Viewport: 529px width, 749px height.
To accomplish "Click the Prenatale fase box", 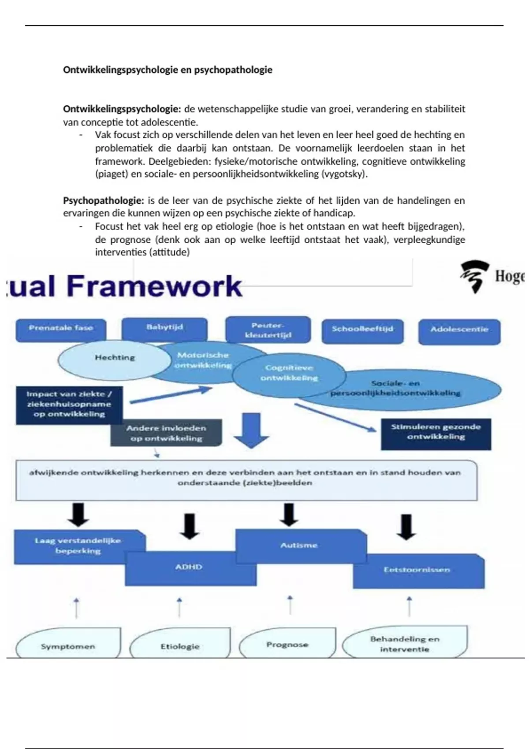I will [x=61, y=330].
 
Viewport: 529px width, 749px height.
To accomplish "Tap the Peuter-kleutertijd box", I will [x=268, y=330].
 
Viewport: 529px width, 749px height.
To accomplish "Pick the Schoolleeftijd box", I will [x=362, y=331].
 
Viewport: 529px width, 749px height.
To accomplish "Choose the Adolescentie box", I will [x=459, y=331].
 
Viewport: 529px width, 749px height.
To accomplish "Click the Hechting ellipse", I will [x=114, y=359].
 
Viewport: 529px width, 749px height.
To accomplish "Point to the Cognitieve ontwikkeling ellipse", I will [x=289, y=374].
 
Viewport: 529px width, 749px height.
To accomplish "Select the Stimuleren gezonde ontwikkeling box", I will [x=436, y=434].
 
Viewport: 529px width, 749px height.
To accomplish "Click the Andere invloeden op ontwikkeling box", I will [x=166, y=433].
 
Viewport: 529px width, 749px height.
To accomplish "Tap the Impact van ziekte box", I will [x=69, y=405].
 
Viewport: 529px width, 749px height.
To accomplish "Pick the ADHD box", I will [x=190, y=568].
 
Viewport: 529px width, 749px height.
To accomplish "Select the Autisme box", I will [x=300, y=546].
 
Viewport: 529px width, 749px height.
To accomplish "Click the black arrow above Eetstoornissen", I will [x=406, y=527].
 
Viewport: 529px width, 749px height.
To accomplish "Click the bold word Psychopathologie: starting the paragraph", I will [x=103, y=201].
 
